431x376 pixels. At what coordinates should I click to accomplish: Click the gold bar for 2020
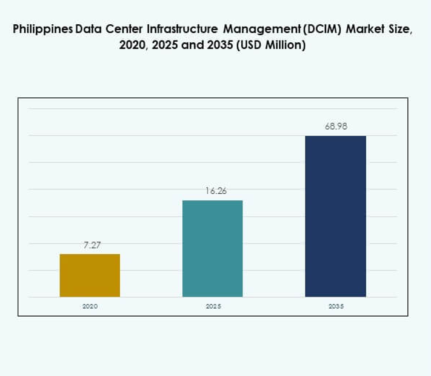tap(90, 275)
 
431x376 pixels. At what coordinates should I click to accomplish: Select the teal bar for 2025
tap(212, 248)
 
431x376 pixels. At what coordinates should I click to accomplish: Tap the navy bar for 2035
tap(335, 216)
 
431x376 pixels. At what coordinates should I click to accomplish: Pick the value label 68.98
tap(336, 127)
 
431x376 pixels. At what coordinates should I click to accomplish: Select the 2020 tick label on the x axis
tap(90, 306)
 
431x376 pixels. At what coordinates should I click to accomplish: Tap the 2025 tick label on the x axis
tap(213, 306)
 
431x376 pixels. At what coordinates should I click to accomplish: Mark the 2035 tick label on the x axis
tap(336, 306)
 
